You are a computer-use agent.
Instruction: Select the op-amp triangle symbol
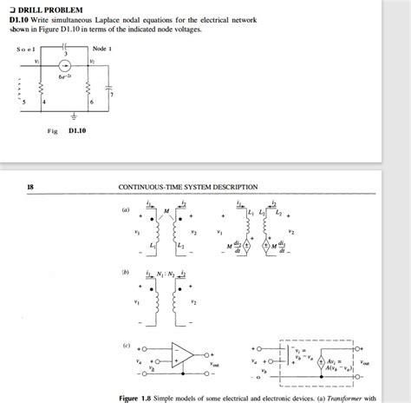point(181,354)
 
